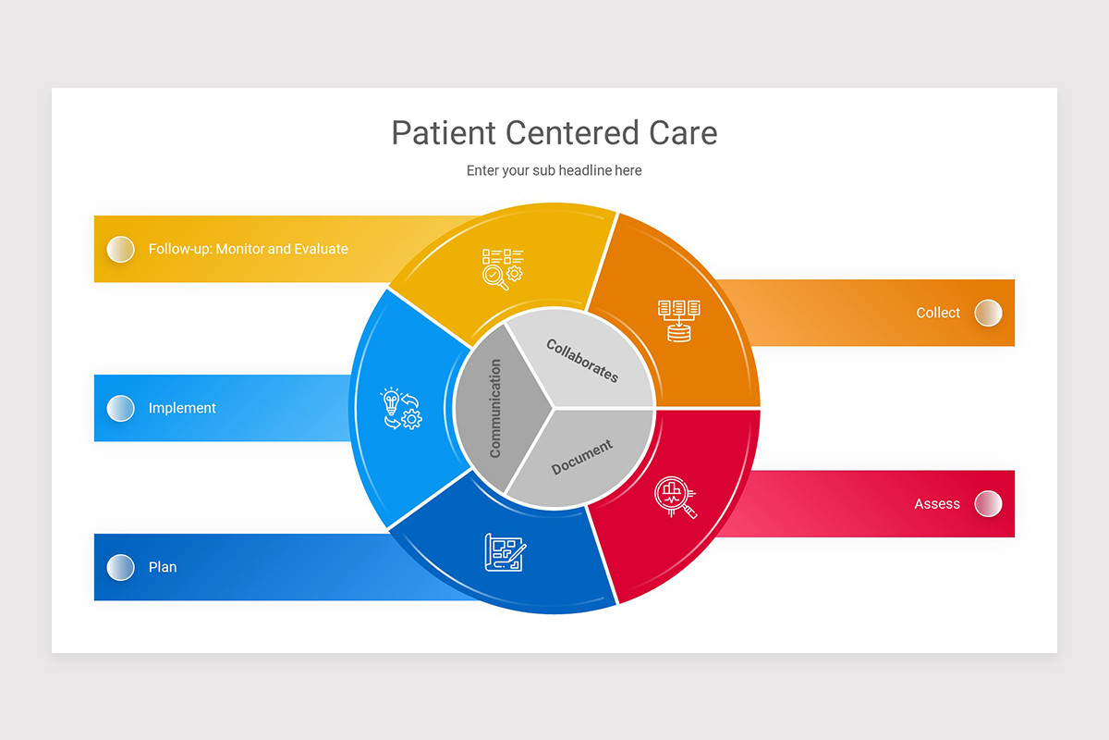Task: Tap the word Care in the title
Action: coord(682,133)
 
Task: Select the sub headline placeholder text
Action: coord(554,170)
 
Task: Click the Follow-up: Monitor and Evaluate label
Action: coord(248,249)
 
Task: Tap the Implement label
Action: coord(182,408)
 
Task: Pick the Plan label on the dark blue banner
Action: coord(163,567)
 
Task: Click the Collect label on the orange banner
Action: coord(938,313)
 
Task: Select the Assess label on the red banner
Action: coord(937,504)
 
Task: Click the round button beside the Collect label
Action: coord(988,313)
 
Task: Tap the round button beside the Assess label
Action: coord(988,504)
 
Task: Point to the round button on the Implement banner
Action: coord(120,408)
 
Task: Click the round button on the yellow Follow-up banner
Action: coord(120,249)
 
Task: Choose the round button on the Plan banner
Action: coord(120,567)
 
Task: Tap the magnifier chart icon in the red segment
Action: coord(675,497)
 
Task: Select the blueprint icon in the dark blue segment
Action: coord(505,552)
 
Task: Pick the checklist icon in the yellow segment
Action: coord(502,268)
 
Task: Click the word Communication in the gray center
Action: coord(495,408)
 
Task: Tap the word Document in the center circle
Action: coord(581,457)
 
